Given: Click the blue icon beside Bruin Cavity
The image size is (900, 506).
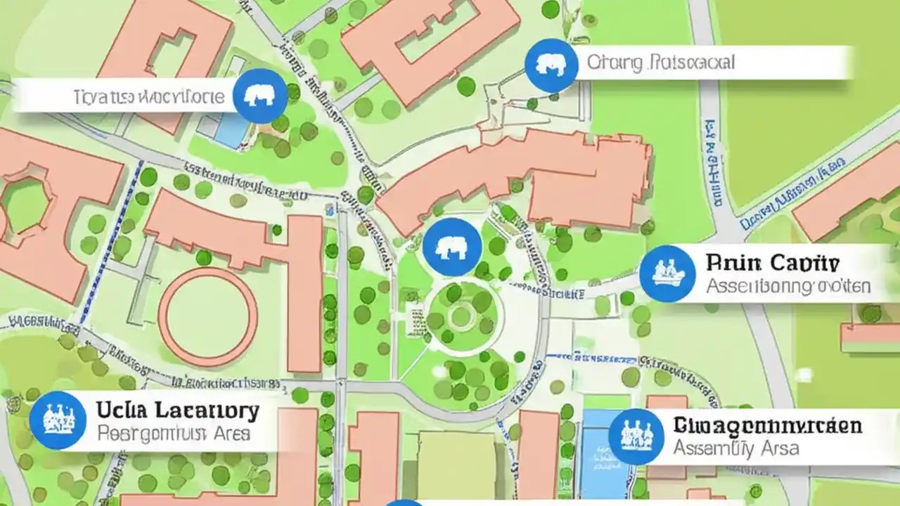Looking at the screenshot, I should click(667, 274).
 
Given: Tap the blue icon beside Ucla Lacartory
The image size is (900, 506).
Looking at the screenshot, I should click(58, 420).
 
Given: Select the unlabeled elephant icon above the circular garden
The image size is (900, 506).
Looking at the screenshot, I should click(452, 247).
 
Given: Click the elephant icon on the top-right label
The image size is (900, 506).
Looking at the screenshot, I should click(551, 65).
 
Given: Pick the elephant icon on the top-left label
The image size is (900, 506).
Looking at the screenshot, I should click(260, 96).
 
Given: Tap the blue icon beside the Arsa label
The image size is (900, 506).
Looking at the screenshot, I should click(636, 436).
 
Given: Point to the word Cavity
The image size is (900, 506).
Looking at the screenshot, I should click(804, 264).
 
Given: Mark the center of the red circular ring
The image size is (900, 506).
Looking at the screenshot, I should click(208, 317).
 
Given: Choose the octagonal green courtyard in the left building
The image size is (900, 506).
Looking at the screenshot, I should click(25, 203).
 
